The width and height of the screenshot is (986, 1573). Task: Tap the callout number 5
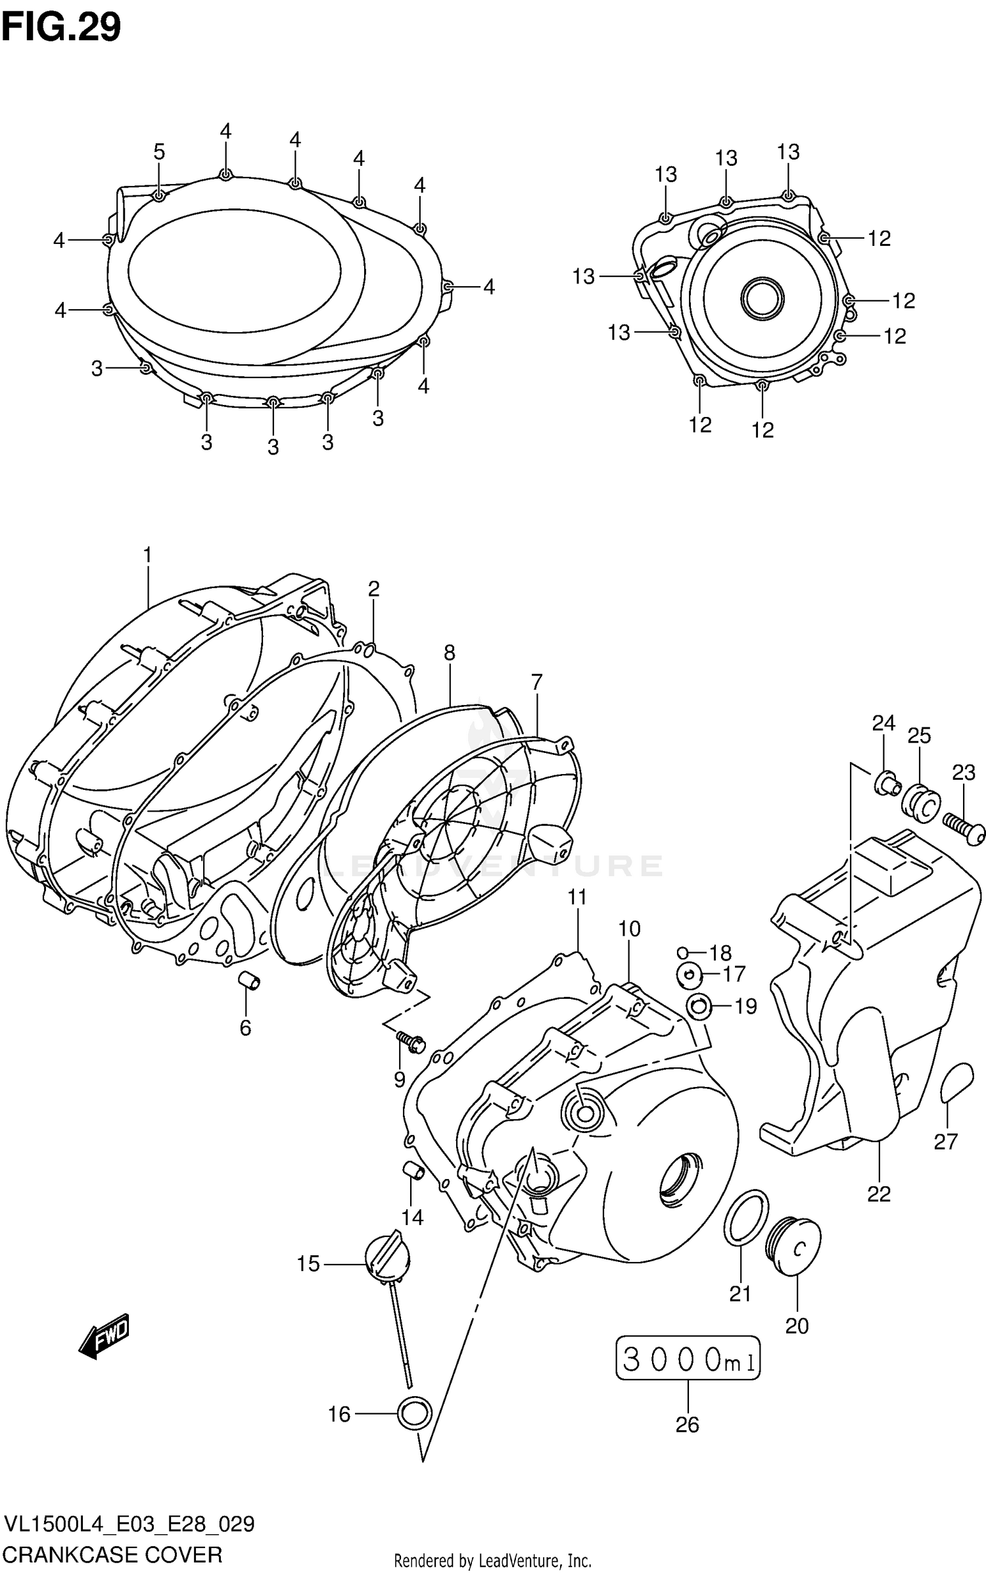click(159, 152)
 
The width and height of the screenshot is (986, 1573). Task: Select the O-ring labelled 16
click(415, 1413)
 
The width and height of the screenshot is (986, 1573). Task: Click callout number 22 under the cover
click(879, 1193)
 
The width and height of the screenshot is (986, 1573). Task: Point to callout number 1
click(147, 556)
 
